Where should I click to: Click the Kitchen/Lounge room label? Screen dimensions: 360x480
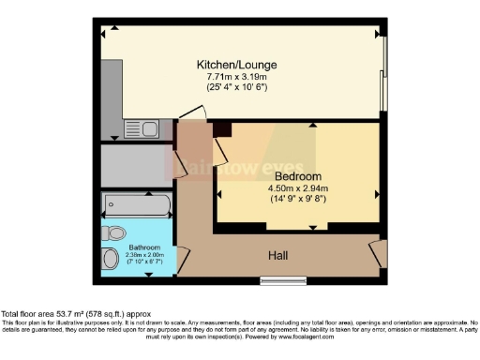(x=236, y=64)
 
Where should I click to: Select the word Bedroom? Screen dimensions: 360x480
(x=299, y=176)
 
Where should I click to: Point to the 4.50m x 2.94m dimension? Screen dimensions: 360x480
(x=299, y=187)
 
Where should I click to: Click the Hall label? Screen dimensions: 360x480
(x=278, y=253)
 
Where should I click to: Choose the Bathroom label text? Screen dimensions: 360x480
(x=137, y=247)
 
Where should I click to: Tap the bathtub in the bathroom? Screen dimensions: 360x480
(x=137, y=203)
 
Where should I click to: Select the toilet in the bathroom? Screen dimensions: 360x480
(x=116, y=232)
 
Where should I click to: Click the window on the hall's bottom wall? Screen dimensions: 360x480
(x=277, y=280)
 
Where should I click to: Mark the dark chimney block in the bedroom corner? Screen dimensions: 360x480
(x=222, y=129)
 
